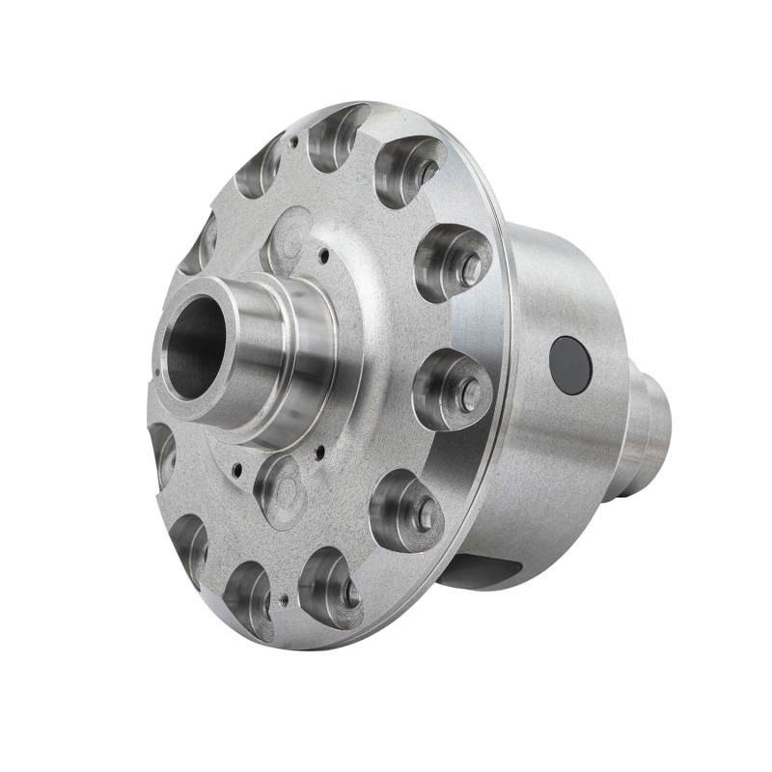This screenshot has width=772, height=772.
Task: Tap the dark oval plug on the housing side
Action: [569, 365]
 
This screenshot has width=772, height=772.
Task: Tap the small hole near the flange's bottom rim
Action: [284, 600]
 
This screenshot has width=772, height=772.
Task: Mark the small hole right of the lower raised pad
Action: [317, 451]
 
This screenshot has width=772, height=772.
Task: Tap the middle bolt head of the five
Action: [468, 394]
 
